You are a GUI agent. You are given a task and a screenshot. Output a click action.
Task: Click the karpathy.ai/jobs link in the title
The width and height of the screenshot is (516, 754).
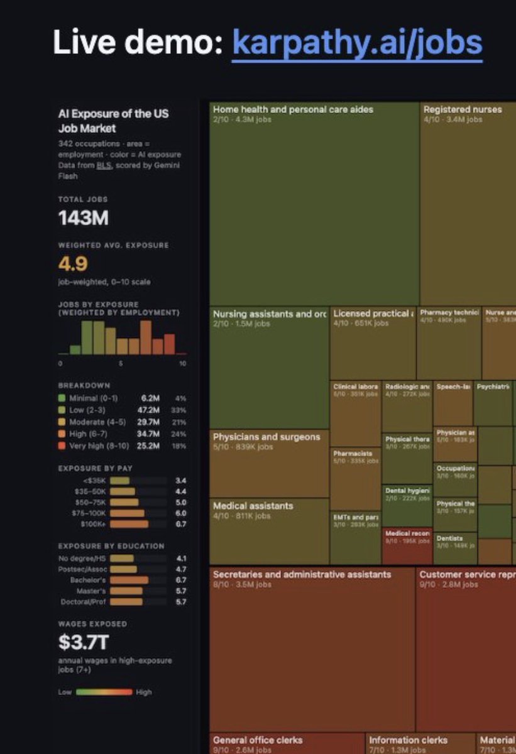coord(357,42)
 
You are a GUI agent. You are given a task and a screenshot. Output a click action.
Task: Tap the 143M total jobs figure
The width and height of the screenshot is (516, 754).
coord(84,218)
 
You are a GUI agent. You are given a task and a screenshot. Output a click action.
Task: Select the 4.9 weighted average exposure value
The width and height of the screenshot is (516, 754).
coord(73,263)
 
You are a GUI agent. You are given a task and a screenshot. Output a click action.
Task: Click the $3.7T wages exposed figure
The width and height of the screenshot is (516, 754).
coord(83,643)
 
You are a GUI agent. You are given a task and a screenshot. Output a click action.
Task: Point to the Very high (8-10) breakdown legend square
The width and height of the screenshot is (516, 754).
coord(62,445)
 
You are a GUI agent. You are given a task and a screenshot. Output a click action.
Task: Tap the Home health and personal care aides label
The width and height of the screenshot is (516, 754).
coord(293,109)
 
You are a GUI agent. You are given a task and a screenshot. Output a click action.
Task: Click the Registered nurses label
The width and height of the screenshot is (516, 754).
coord(463,109)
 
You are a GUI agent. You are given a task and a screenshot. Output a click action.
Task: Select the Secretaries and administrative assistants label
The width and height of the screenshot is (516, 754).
coord(302,574)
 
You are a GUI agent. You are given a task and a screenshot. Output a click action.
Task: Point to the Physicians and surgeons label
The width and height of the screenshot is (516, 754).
coord(266,437)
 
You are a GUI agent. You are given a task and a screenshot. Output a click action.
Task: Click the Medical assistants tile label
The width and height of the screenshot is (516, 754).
coord(253,506)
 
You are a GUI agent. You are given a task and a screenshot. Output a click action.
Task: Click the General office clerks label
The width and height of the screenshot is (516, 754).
coord(258,740)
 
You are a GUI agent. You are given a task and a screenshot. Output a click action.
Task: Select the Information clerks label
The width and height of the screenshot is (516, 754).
coord(408,740)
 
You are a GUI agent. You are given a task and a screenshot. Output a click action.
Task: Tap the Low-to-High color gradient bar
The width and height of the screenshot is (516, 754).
coord(104,692)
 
